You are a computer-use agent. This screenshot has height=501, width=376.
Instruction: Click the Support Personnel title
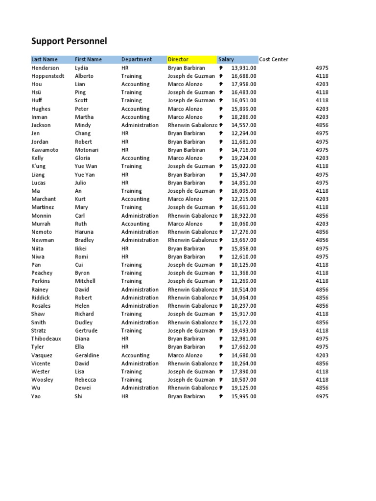click(x=69, y=41)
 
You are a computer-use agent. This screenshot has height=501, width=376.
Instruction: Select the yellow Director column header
click(x=178, y=59)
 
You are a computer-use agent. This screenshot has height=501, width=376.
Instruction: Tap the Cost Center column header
click(x=274, y=59)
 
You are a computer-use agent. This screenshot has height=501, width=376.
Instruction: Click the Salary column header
click(x=226, y=59)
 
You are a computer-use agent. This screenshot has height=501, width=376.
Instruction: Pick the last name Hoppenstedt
click(x=47, y=76)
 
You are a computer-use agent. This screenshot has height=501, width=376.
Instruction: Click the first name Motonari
click(x=86, y=150)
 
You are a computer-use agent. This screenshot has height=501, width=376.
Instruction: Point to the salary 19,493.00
click(x=243, y=331)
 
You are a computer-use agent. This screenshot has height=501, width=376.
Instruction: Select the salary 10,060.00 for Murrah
click(x=243, y=224)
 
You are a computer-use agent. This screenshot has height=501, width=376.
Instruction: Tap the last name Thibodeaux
click(x=46, y=339)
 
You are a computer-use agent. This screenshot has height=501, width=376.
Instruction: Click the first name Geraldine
click(x=87, y=355)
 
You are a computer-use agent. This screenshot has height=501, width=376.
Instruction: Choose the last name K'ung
click(x=38, y=166)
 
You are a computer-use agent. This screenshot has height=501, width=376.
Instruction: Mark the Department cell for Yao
click(x=125, y=396)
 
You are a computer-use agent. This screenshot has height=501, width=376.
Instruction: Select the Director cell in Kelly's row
click(x=185, y=158)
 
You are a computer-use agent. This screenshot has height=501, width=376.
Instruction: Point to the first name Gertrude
click(x=86, y=331)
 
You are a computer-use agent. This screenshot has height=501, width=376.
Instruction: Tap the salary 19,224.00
click(x=243, y=158)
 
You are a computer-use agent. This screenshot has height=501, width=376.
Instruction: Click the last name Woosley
click(x=42, y=380)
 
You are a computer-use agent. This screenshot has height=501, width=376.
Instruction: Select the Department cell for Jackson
click(x=140, y=125)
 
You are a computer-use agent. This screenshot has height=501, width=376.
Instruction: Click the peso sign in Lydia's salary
click(x=221, y=68)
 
